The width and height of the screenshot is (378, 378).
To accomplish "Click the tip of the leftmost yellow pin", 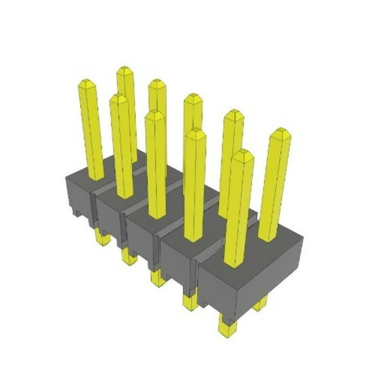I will pyautogui.click(x=88, y=83).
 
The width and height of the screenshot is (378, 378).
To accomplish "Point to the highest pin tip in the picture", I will pyautogui.click(x=125, y=70).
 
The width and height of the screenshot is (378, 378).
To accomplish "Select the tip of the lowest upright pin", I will pyautogui.click(x=242, y=154).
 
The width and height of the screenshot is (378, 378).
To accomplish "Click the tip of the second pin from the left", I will pyautogui.click(x=118, y=98).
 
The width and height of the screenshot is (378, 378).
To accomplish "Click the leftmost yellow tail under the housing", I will pyautogui.click(x=102, y=236).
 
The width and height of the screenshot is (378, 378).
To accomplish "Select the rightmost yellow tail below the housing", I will pyautogui.click(x=261, y=303).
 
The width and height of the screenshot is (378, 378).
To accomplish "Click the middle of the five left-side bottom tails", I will pyautogui.click(x=158, y=278).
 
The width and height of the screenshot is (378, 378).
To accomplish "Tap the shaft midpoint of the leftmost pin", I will pyautogui.click(x=92, y=131).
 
